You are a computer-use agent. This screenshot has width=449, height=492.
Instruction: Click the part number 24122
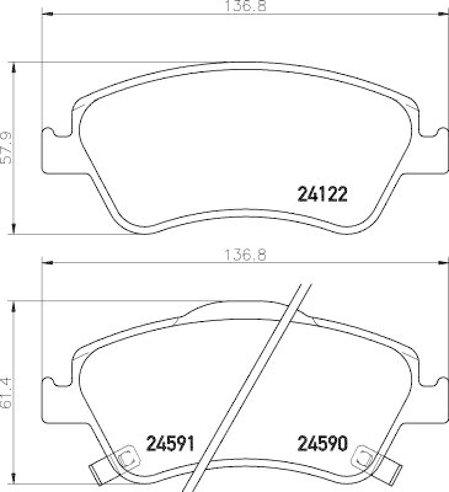323,195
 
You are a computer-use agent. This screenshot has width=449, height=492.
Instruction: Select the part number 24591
170,443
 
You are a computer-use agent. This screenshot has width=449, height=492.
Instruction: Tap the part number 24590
323,443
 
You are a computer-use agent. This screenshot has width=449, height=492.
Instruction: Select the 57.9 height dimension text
7,148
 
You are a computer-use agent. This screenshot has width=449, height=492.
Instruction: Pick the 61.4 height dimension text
7,394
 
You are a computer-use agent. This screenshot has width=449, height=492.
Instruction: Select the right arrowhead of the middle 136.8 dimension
444,263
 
